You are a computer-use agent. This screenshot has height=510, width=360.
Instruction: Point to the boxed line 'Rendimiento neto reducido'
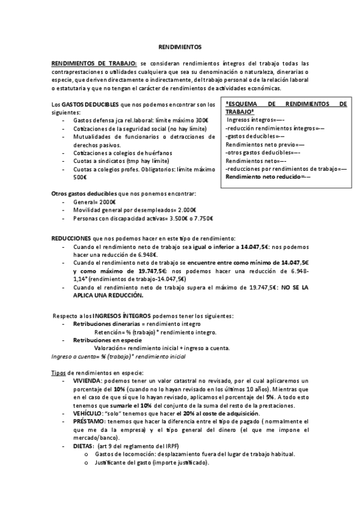click(269, 177)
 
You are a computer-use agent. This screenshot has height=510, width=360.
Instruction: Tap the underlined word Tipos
click(58, 373)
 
